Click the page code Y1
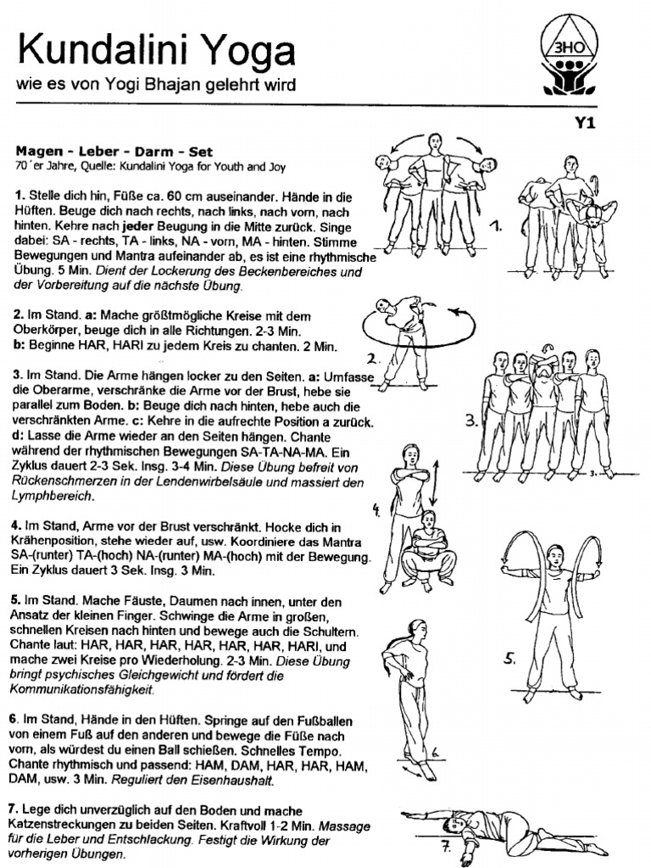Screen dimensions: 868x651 [586, 123]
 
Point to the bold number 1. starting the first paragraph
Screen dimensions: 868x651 [19, 195]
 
